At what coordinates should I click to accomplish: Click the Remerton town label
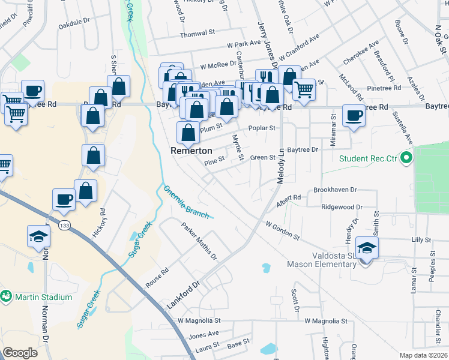coord(191,151)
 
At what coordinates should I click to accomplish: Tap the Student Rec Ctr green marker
coord(406,158)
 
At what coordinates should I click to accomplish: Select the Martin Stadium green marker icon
coord(7,296)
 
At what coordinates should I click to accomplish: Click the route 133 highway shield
coord(65,224)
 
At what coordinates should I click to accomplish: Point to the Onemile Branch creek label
coord(185,202)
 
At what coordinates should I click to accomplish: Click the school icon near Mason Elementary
coord(366,247)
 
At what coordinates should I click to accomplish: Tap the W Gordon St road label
coord(282,230)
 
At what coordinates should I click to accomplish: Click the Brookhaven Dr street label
coord(335,190)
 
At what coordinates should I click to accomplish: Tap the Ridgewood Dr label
coord(342,206)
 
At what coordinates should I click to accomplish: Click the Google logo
coord(20,353)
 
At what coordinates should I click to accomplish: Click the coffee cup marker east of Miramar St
coord(354,115)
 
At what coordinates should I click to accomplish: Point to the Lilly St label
coord(421,239)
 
